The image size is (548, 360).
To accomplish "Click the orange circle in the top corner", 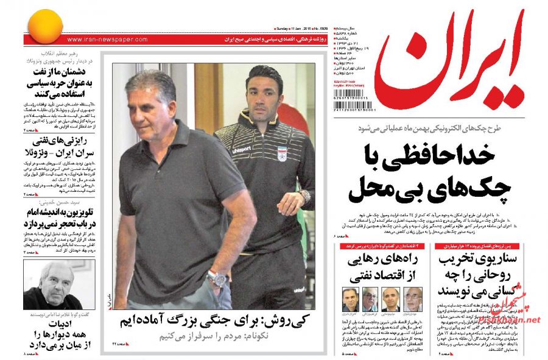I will click(x=44, y=26).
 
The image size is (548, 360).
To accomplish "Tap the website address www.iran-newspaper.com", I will click(x=107, y=40).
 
